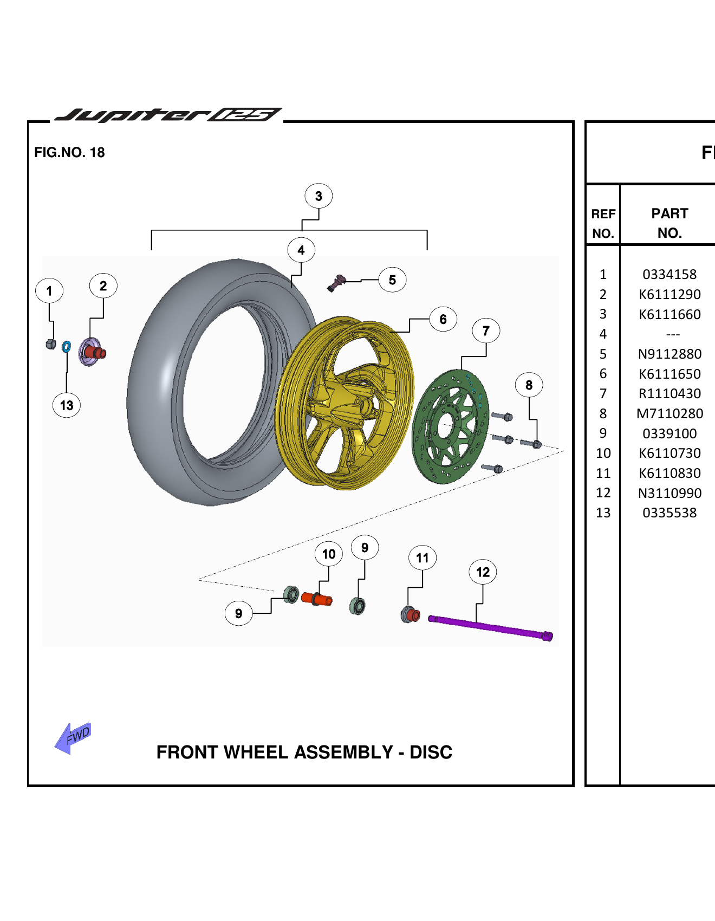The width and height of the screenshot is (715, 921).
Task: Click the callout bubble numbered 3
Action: pos(318,196)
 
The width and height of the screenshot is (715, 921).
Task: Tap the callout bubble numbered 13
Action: pos(67,405)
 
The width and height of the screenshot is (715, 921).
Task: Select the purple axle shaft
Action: pos(490,627)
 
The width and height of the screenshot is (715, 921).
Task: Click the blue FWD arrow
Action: pos(74,737)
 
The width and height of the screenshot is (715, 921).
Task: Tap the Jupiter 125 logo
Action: pos(168,115)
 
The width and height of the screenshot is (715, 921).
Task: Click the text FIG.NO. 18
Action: pos(69,152)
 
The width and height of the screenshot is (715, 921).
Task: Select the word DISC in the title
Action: pos(431,752)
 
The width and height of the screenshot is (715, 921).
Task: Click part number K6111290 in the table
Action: pos(669,294)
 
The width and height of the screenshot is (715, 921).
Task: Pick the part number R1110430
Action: pos(669,393)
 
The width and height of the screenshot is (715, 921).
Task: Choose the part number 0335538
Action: pos(669,513)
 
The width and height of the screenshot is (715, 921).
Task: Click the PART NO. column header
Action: pos(669,223)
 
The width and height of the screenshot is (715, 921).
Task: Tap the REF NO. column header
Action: pos(603,223)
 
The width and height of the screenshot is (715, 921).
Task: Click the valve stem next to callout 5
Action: pos(337,283)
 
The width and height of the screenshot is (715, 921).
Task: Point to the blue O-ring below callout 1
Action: pos(66,346)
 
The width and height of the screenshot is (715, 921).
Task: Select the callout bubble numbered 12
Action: pos(483,572)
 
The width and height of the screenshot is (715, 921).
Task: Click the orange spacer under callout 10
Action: pos(317,599)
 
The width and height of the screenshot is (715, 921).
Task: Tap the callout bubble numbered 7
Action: pos(486,330)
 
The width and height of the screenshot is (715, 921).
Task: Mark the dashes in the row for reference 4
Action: pos(673,334)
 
